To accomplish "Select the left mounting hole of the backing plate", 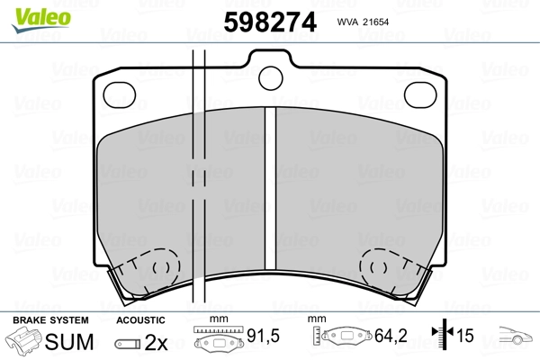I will point(119,93).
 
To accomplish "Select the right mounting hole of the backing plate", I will point(420,93).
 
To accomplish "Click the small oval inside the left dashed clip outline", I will point(163,266).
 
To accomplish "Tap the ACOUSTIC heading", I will point(140,319).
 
